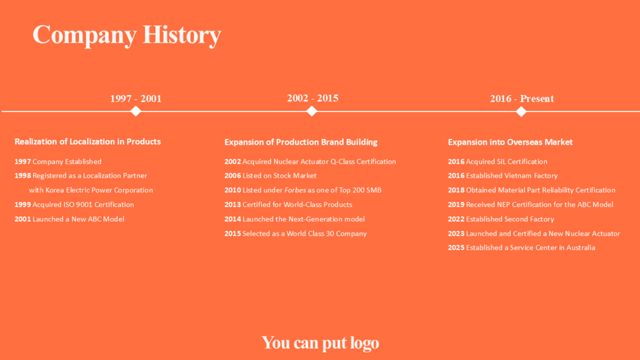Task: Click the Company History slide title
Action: coord(127,35)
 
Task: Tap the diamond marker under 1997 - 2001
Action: coord(136,111)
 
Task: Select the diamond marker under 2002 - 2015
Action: coord(312,111)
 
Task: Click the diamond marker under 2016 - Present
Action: coord(521,111)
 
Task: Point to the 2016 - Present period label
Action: coord(522,98)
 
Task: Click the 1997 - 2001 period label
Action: coord(136,98)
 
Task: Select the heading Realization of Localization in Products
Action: coord(88,141)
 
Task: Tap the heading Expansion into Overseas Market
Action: coord(510,142)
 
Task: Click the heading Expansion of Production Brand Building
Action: coord(301,142)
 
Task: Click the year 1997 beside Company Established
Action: coord(23,162)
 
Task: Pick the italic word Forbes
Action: coord(295,191)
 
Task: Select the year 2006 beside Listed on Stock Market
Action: coord(232,175)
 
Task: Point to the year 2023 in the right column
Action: coord(456,233)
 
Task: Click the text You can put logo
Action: coord(320,343)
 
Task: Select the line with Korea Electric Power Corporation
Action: coord(91,191)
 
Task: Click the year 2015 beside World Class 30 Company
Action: coord(232,233)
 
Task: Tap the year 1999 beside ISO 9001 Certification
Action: coord(23,205)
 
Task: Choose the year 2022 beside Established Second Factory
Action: coord(456,219)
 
